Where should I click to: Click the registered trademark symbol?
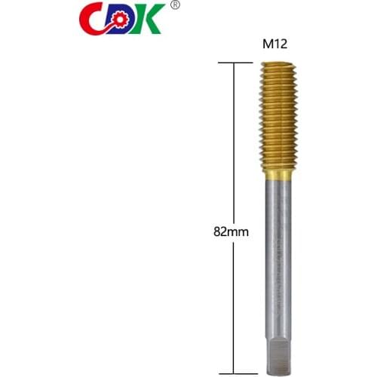pyautogui.click(x=175, y=6)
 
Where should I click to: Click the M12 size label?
pyautogui.click(x=277, y=44)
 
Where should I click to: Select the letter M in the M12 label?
pyautogui.click(x=268, y=44)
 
